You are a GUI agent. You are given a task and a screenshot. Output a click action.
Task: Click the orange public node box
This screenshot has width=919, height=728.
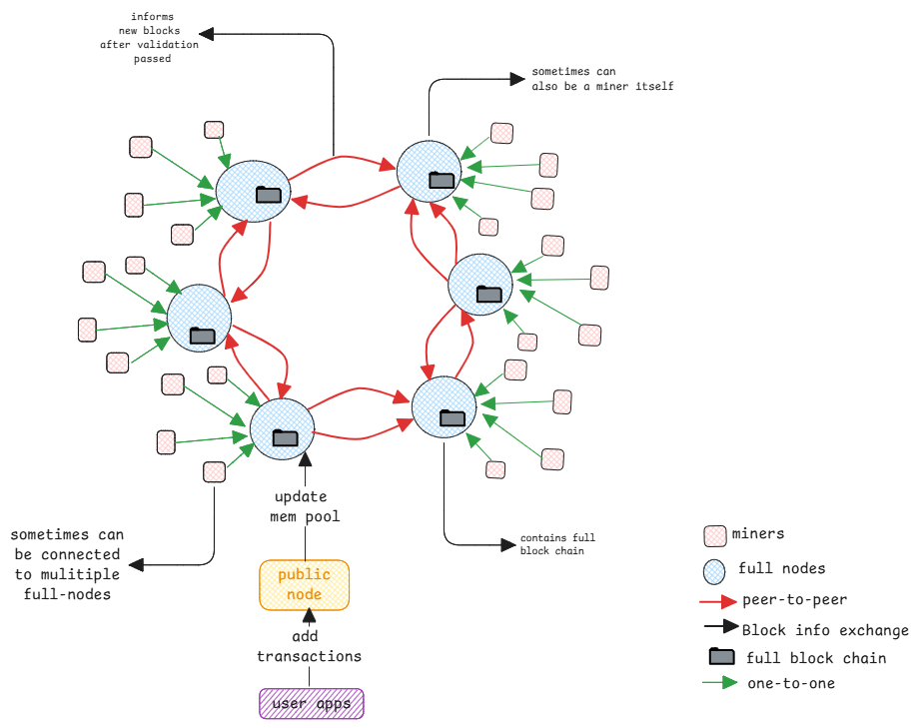[x=304, y=585]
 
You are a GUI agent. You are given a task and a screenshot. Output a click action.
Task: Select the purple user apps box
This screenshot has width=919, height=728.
[x=312, y=704]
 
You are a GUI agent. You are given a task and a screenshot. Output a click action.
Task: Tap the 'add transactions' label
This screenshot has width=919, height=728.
[x=309, y=647]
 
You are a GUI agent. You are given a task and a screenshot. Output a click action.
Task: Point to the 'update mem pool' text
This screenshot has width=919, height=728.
[x=305, y=506]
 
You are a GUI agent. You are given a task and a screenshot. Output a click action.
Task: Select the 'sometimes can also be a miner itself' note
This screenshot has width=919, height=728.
[x=602, y=80]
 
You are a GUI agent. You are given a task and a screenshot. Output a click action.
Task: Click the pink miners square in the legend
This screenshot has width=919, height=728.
[x=715, y=536]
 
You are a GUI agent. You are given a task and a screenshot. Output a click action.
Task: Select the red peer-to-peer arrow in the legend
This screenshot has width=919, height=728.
[x=719, y=601]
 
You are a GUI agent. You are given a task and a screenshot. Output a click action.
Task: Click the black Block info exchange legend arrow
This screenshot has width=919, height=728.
[x=719, y=628]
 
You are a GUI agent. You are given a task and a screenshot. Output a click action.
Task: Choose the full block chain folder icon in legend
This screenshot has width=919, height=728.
[x=721, y=657]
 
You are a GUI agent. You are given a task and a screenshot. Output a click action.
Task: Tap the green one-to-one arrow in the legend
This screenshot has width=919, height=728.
[x=719, y=684]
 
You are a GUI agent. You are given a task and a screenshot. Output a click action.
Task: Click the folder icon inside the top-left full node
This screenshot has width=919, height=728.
[x=268, y=195]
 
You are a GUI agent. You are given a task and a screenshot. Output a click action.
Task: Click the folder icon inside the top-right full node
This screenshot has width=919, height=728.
[x=441, y=180]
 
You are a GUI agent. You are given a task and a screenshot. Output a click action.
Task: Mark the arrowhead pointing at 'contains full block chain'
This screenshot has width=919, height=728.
[x=508, y=545]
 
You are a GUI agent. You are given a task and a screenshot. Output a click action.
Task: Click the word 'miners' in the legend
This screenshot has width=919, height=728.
[x=758, y=534]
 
